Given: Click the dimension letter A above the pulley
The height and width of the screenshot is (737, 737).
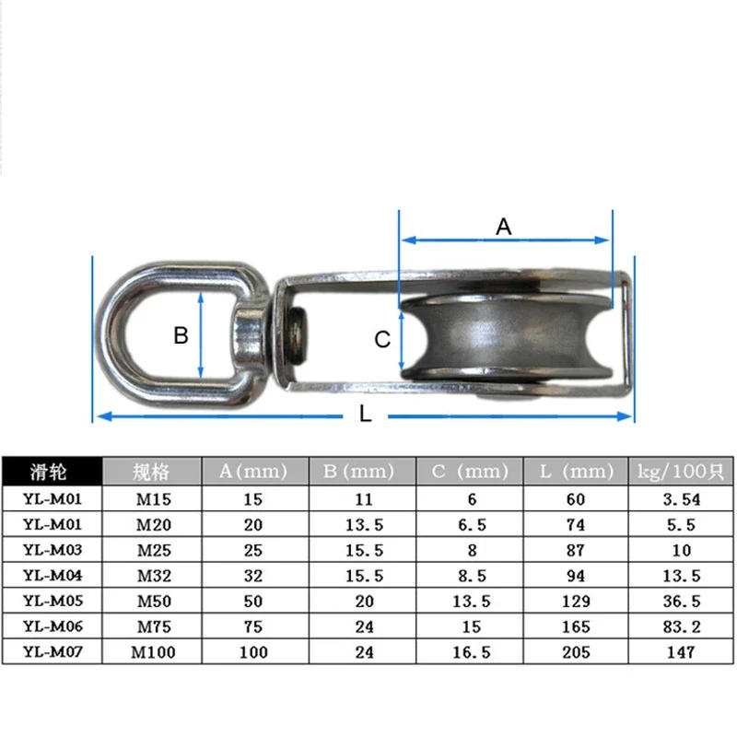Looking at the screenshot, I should [x=504, y=226].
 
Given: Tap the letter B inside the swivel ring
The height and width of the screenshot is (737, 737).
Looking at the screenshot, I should [x=181, y=335].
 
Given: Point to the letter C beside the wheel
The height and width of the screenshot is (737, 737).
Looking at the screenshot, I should [x=382, y=340].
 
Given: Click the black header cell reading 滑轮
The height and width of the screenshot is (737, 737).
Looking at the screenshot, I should [x=51, y=472].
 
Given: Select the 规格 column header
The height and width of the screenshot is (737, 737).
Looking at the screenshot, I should [x=151, y=472].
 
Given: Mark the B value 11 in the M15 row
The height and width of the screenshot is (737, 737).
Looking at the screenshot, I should [x=363, y=500].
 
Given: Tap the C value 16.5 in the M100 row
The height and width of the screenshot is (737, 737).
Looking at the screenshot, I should [x=470, y=653].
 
